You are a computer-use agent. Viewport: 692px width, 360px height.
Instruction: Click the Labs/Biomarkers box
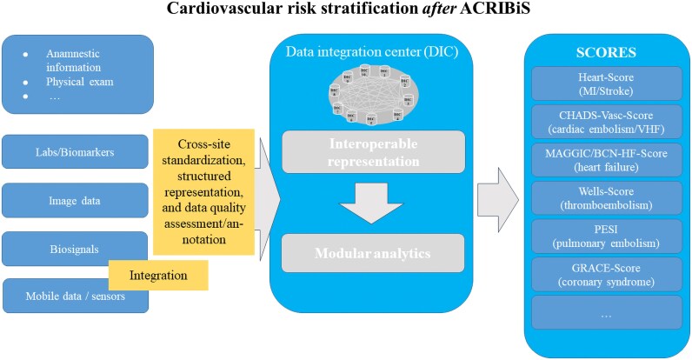pos(77,152)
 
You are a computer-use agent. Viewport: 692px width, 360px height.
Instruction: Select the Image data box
pos(77,201)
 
